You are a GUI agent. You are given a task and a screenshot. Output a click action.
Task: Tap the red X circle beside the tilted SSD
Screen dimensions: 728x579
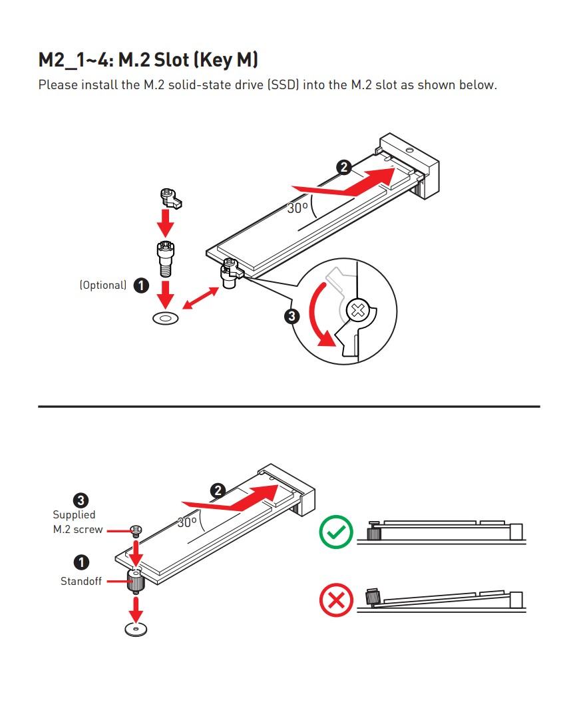(x=336, y=601)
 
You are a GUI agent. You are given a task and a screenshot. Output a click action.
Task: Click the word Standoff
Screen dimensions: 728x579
(x=81, y=581)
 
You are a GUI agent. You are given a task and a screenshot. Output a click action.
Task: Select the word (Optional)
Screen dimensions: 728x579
(x=103, y=285)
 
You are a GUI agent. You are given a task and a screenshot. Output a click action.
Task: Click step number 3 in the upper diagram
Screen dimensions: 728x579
(x=292, y=316)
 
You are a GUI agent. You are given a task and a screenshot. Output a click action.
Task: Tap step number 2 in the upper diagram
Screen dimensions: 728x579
(x=343, y=167)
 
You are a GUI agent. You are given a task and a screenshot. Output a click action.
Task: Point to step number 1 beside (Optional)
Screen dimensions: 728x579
(x=141, y=285)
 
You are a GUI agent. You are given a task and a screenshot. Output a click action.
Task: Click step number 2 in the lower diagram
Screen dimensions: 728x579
(x=218, y=491)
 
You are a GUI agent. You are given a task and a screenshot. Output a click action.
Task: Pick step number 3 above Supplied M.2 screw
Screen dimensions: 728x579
(x=81, y=500)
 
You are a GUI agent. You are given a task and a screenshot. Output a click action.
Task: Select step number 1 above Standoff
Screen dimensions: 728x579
(x=81, y=562)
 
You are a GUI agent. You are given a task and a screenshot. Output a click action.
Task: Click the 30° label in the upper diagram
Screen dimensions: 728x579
(x=297, y=208)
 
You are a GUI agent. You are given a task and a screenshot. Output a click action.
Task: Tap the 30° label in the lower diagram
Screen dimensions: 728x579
(x=187, y=522)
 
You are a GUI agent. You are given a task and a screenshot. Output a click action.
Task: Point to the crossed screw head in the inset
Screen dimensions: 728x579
(x=358, y=309)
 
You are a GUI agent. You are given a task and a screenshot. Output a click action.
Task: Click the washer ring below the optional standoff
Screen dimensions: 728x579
(x=166, y=318)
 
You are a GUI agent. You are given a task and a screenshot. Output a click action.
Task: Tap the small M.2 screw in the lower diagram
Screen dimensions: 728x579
(x=136, y=530)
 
